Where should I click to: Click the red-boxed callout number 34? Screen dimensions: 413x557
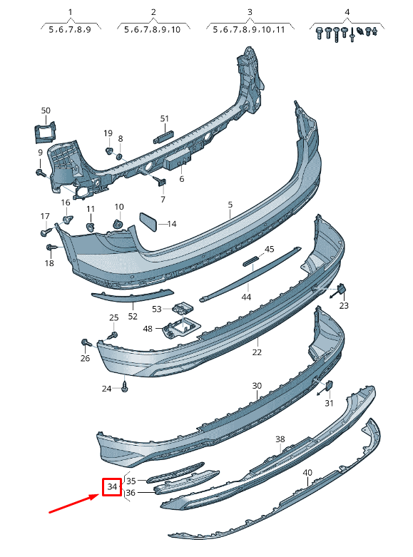coord(112,486)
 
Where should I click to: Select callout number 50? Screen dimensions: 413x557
coord(46,111)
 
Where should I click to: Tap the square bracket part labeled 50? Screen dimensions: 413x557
coord(45,132)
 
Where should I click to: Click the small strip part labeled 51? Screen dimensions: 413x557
coord(163,137)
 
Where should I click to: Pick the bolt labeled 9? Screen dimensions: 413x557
coord(41,173)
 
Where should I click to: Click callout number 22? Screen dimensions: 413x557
coord(257,352)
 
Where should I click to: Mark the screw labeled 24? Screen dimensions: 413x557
coord(124,386)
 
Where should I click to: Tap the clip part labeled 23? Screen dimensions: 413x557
coord(342,289)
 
